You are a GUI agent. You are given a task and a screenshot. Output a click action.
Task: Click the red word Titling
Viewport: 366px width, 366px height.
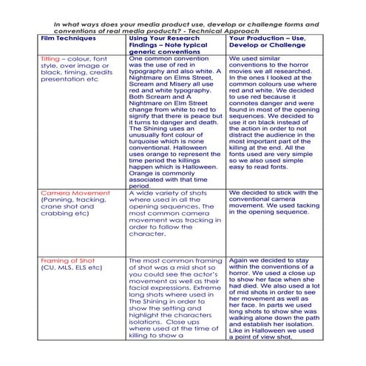[50, 57]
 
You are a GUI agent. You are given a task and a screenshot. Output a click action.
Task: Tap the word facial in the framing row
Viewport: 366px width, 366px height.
[140, 289]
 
